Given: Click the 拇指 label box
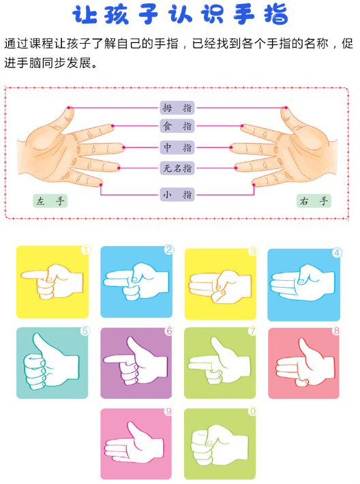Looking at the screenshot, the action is (x=177, y=108).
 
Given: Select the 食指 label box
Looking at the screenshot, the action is (x=177, y=126).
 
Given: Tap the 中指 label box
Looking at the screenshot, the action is (x=177, y=147).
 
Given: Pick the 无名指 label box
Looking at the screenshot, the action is (x=177, y=168).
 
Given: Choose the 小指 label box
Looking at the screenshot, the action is (x=177, y=195).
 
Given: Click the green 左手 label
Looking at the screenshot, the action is (x=50, y=201).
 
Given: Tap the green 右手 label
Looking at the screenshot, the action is (x=314, y=201).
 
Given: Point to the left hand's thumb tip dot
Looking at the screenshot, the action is (x=69, y=108).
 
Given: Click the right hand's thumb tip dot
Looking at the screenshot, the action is (x=286, y=108).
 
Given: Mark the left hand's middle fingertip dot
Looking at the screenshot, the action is (x=124, y=147).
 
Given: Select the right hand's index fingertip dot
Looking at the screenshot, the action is (x=242, y=126).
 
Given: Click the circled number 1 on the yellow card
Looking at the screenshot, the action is (x=86, y=249).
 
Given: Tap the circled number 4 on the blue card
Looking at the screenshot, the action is (x=337, y=253).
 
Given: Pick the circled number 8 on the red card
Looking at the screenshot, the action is (x=336, y=331).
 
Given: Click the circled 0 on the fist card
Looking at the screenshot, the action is (x=252, y=412).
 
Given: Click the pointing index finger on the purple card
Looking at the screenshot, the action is (x=115, y=360).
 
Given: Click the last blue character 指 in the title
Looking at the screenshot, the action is (x=276, y=14).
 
